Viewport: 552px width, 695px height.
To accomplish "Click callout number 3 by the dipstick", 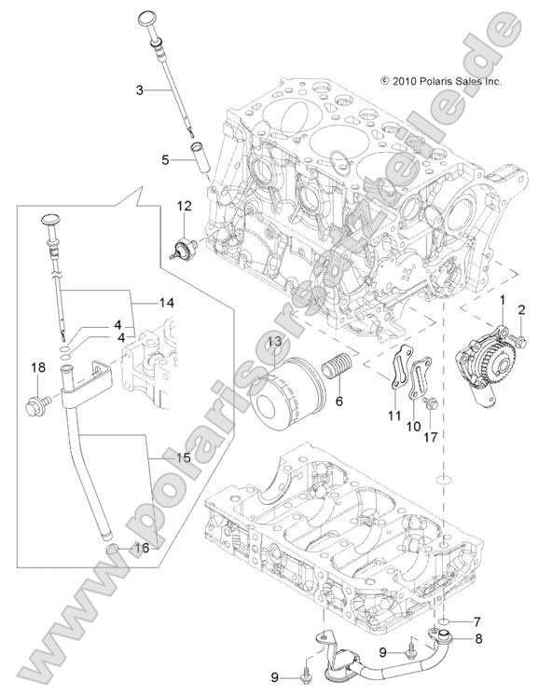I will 139,89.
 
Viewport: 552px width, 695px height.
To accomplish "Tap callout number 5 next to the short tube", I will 165,159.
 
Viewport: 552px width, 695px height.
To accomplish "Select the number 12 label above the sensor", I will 185,204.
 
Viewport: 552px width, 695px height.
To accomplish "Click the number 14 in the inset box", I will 167,303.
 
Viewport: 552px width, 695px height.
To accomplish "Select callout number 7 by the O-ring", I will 476,621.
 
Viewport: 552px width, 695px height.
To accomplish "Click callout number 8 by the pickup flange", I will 476,639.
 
